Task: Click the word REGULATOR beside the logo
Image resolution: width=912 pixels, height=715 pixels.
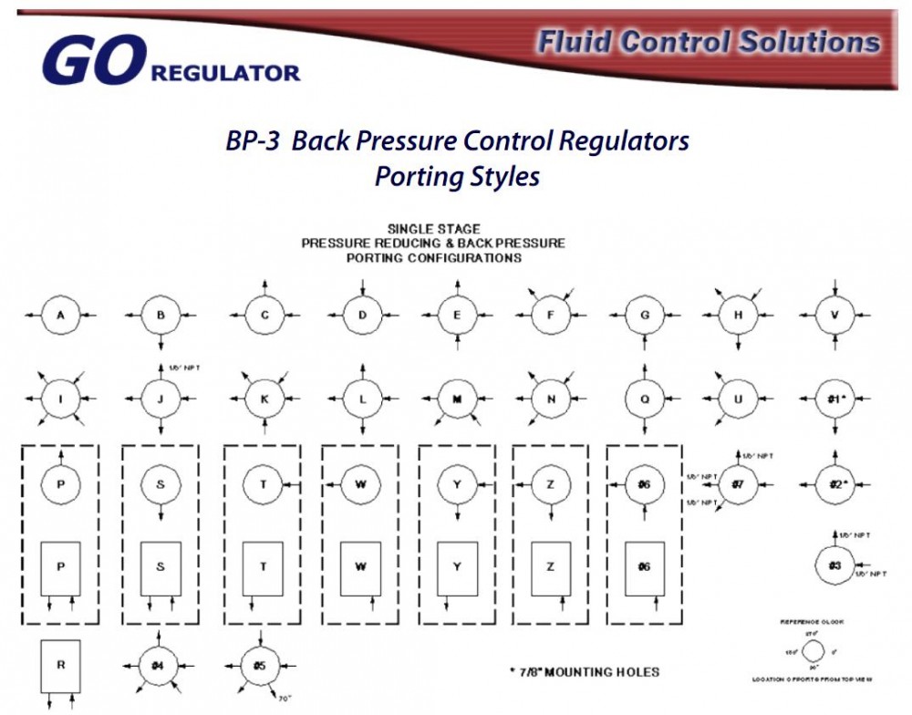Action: [225, 73]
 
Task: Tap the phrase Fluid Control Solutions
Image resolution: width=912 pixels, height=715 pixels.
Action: [708, 42]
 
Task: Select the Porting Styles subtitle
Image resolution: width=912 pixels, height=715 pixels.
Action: [456, 176]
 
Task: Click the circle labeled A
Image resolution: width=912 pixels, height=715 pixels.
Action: [60, 316]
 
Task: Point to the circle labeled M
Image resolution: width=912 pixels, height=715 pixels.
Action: [457, 399]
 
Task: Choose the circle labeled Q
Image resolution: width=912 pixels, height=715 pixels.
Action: [644, 399]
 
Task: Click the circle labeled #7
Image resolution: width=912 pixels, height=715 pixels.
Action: [737, 484]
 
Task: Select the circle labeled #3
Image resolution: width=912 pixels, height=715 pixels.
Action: [834, 565]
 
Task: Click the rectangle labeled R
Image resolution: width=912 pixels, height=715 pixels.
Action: [60, 666]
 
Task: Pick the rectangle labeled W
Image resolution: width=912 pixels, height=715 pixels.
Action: [361, 568]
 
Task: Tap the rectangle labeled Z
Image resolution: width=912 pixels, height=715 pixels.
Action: [551, 568]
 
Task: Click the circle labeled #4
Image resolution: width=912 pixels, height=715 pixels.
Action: [159, 665]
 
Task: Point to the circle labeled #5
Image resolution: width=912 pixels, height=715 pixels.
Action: [261, 665]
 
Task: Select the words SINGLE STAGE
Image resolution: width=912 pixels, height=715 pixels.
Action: [434, 229]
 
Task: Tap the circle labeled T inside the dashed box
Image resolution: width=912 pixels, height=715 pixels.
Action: [263, 484]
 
